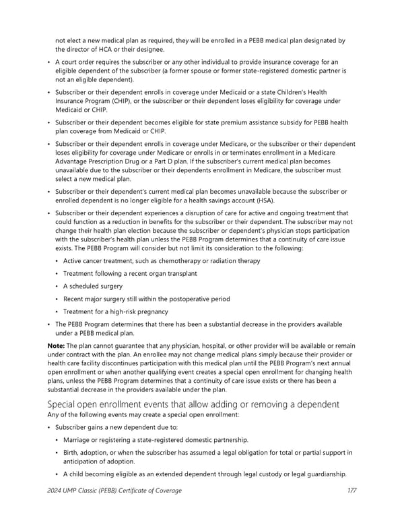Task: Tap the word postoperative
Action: coord(186,299)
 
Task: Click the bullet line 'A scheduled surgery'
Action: coord(92,286)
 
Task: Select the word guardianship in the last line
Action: coord(323,474)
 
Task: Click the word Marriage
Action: coord(79,439)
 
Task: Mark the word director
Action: coord(78,49)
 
